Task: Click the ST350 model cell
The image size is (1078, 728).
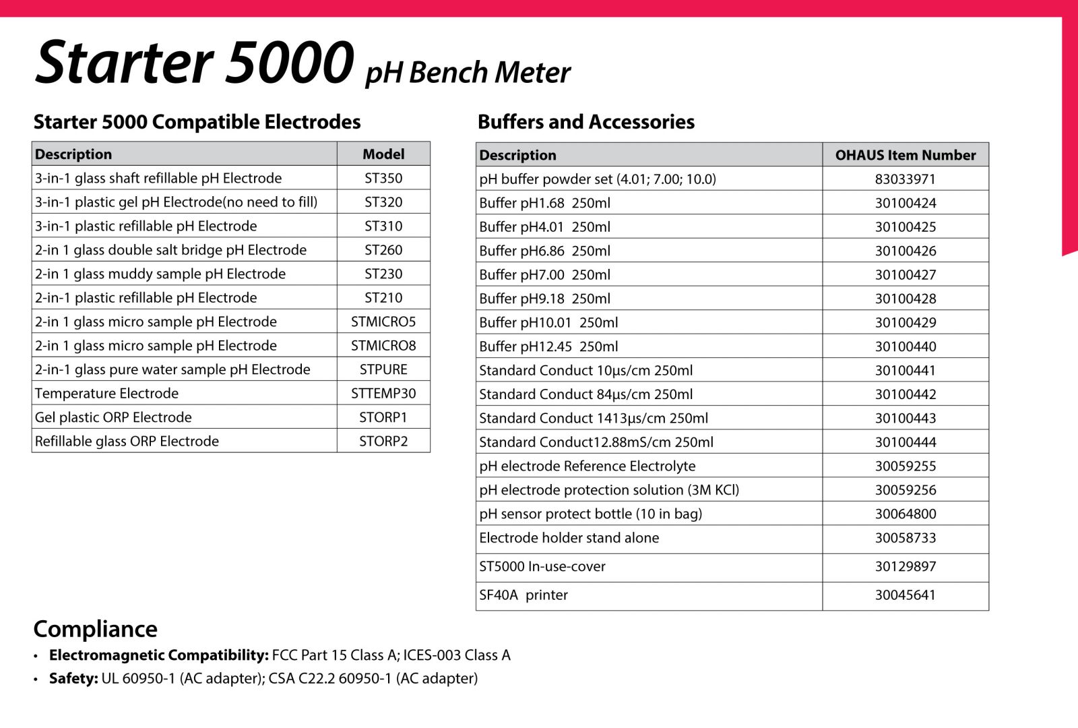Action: [x=383, y=178]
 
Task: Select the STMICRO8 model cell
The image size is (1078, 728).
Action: [x=383, y=346]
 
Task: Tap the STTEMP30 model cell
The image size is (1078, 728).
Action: [x=383, y=394]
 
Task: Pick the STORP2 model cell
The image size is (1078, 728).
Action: [x=383, y=442]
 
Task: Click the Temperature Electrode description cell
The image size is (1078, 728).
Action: [x=106, y=394]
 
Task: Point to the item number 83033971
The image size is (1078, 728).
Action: [x=905, y=179]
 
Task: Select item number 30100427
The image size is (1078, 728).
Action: [x=905, y=275]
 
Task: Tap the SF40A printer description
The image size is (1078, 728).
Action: [x=524, y=595]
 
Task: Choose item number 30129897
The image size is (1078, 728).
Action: [x=905, y=567]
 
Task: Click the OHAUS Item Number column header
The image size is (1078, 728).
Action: [x=905, y=155]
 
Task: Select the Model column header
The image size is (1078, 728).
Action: [x=383, y=154]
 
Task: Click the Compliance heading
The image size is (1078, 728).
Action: [x=96, y=629]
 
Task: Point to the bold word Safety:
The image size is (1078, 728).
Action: [x=73, y=678]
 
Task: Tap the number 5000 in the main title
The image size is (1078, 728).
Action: [x=290, y=62]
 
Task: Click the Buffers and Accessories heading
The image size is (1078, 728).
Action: [x=586, y=122]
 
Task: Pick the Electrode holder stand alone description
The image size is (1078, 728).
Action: [x=569, y=538]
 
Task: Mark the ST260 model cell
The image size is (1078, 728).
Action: [x=383, y=250]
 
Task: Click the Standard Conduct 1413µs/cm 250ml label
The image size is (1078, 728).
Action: [x=594, y=419]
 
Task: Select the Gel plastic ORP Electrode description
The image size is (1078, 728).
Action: [x=113, y=418]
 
